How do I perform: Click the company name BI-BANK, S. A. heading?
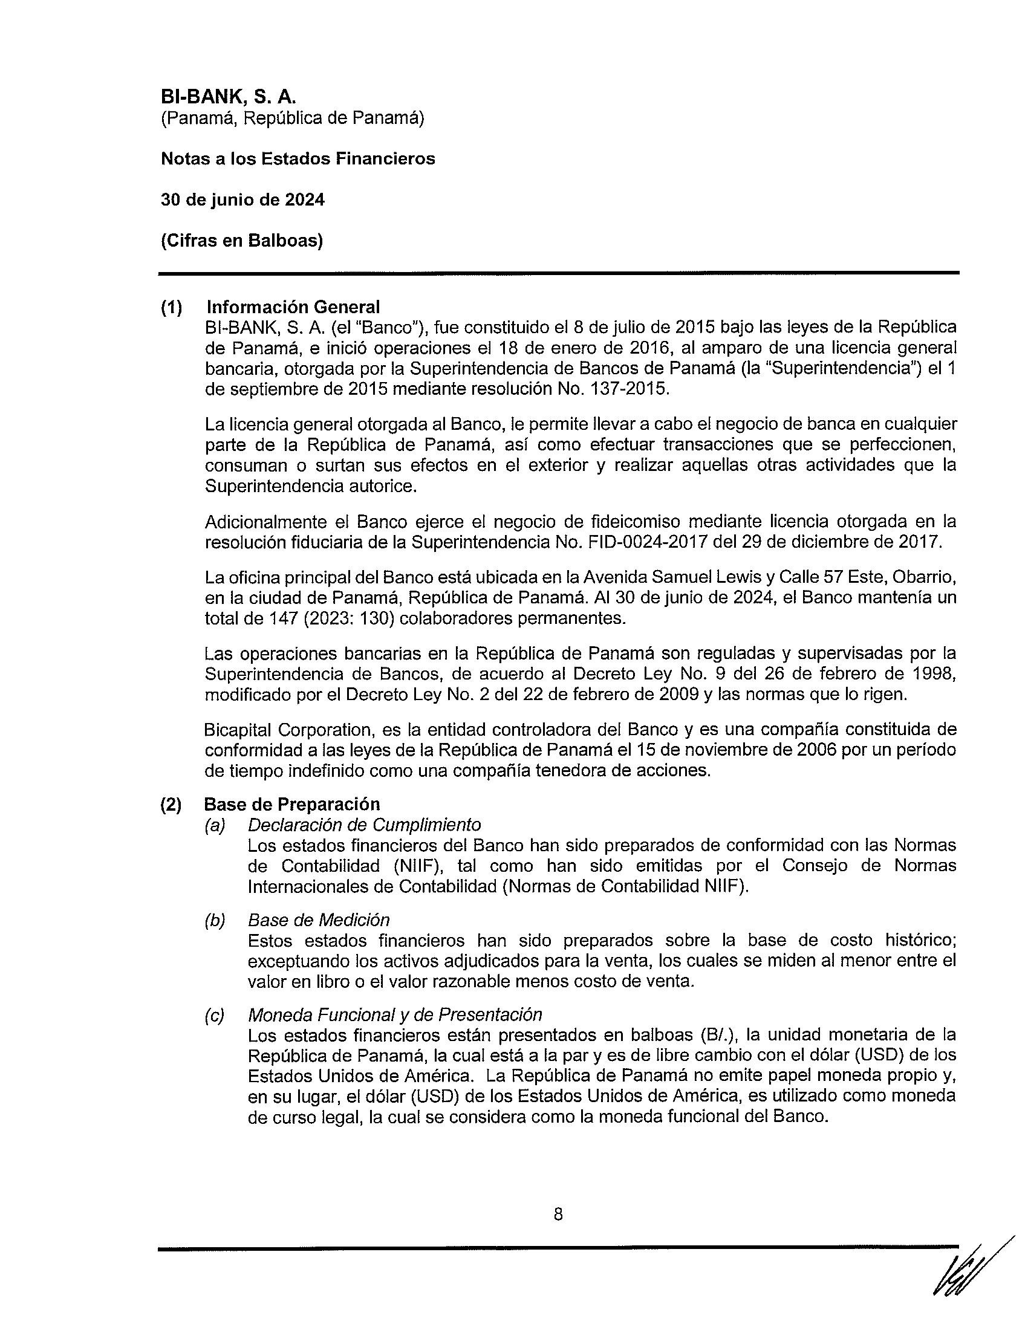tap(228, 97)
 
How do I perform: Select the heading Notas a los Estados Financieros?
tap(298, 159)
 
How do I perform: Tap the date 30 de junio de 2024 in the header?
tap(242, 199)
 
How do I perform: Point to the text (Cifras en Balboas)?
tap(242, 241)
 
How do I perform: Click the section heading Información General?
tap(293, 307)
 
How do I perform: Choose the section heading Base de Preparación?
tap(291, 805)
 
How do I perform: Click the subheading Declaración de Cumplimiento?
tap(364, 825)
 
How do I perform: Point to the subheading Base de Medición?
tap(319, 920)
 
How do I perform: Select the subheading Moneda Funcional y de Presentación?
tap(395, 1015)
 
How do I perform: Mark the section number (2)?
tap(171, 805)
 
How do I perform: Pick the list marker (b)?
tap(215, 921)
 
